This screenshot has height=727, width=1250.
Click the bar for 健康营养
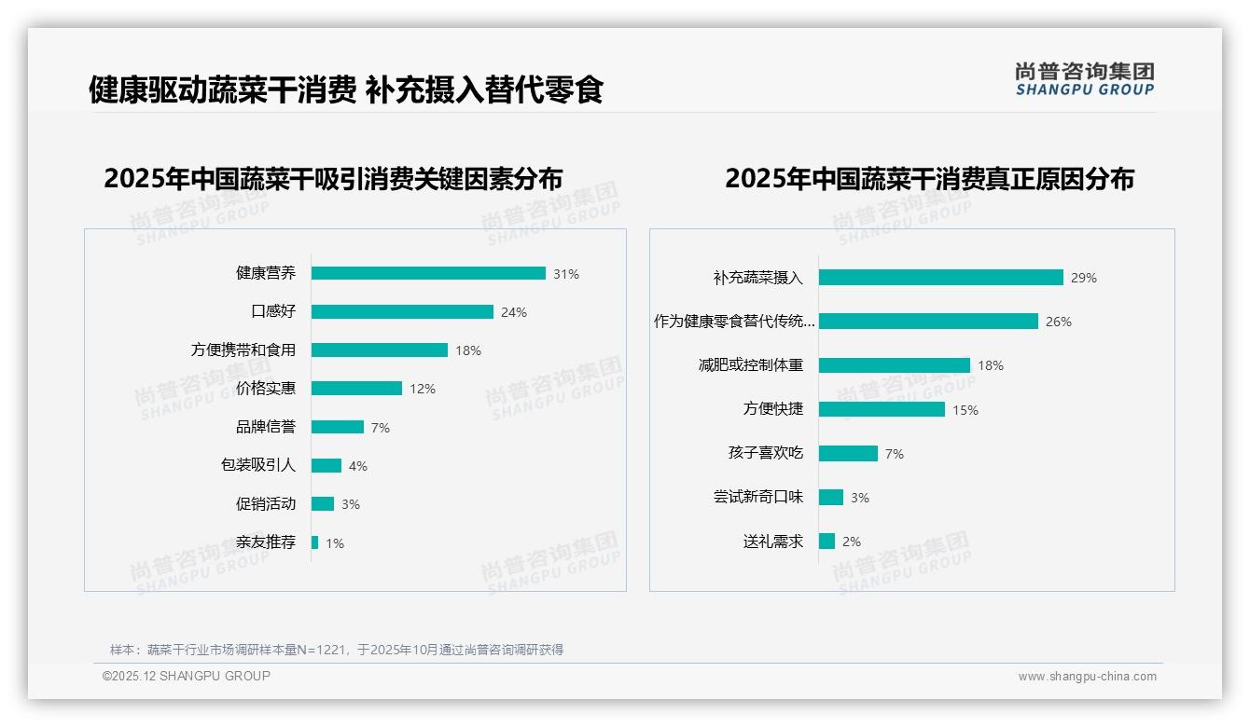[428, 273]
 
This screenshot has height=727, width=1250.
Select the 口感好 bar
[402, 311]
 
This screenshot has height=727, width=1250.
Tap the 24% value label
[514, 312]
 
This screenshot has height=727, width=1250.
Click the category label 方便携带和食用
[243, 350]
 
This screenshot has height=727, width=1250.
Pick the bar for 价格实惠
[356, 389]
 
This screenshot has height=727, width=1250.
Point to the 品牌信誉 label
[266, 427]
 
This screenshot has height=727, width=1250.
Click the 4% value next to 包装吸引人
[358, 466]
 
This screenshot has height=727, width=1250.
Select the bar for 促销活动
[323, 504]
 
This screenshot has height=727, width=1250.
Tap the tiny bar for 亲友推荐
[315, 542]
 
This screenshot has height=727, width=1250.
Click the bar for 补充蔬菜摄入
[940, 278]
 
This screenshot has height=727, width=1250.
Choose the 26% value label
[1059, 322]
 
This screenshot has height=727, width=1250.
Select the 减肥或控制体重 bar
[895, 365]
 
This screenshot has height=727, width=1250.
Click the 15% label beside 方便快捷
[965, 410]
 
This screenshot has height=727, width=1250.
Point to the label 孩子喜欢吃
[766, 453]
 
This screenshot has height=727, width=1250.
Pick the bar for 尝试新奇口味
[831, 498]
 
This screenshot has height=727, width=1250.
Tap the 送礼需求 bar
[827, 542]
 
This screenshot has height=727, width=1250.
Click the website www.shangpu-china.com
[1087, 677]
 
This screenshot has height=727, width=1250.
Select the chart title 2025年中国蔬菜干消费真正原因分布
[929, 179]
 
